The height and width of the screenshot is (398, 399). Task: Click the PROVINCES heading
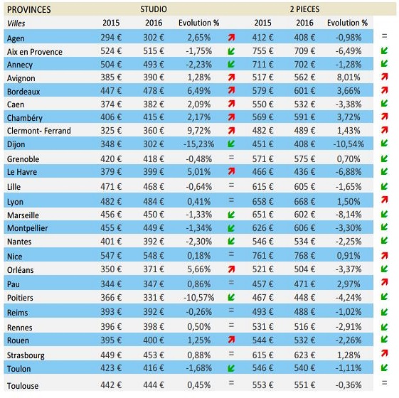point(28,10)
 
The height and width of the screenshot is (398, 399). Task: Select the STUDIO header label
point(154,9)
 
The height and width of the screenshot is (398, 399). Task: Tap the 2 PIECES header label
point(304,9)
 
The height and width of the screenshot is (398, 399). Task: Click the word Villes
point(16,23)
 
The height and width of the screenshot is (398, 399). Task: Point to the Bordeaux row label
point(23,92)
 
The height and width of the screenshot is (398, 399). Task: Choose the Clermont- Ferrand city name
point(39,131)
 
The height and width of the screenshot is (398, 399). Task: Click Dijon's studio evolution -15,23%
point(198,144)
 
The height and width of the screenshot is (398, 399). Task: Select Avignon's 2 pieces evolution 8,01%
point(349,77)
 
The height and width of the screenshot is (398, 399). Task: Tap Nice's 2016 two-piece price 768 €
point(304,255)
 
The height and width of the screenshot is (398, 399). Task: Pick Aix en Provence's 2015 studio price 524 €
point(111,51)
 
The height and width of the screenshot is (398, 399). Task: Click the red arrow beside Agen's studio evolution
point(231,38)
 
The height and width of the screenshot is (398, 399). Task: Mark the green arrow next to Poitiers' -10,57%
point(231,297)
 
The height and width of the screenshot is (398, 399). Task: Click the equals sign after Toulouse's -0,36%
point(385,382)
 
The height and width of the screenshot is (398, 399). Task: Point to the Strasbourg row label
point(26,355)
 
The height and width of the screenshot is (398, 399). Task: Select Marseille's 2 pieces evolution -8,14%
point(349,215)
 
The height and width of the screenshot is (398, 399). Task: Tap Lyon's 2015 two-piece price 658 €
point(262,201)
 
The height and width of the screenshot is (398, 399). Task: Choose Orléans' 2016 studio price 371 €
point(154,269)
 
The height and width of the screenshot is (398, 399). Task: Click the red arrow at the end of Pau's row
point(385,281)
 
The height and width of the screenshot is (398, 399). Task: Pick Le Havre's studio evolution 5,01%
point(198,172)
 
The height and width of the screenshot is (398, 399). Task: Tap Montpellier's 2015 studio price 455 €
point(111,228)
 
